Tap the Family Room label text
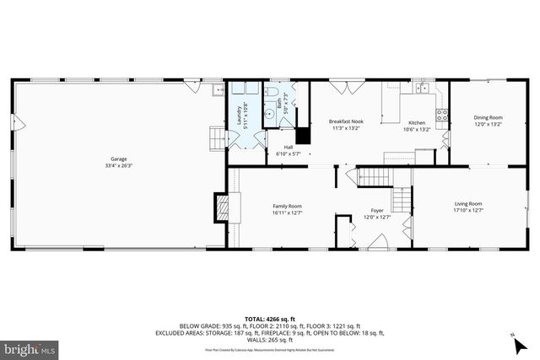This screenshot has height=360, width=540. tap(287, 206)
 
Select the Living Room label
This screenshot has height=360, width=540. tap(468, 203)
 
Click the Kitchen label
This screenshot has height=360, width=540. tap(418, 122)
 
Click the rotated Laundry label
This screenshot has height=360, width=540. tap(246, 113)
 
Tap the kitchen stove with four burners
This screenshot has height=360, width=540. tap(440, 115)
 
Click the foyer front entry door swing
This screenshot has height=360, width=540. tap(379, 242)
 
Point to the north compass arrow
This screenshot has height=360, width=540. tap(514, 339)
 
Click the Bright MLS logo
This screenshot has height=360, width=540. tap(30, 347)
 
